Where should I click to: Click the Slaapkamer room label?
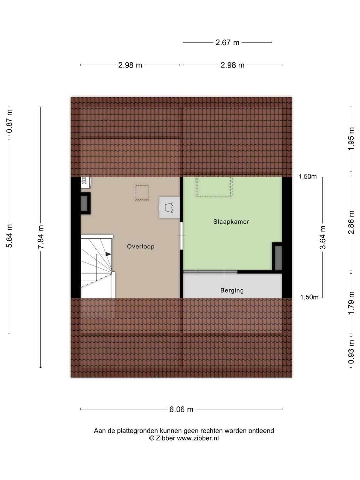[231, 221]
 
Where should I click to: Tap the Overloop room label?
[140, 246]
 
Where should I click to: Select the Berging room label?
[232, 291]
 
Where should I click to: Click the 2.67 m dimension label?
[227, 42]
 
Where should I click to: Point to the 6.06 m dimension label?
[181, 409]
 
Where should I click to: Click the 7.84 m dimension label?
[41, 237]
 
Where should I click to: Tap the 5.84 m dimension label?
[10, 236]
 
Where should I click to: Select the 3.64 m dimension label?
[323, 237]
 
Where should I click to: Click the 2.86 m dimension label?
[351, 222]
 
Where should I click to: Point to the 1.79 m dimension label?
[351, 303]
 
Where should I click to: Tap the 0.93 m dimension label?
[351, 352]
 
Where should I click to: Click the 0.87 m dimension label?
[10, 121]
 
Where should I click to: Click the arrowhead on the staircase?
[108, 254]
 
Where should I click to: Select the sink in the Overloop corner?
[85, 181]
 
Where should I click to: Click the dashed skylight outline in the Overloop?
[142, 193]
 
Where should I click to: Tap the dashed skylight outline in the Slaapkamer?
[214, 187]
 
